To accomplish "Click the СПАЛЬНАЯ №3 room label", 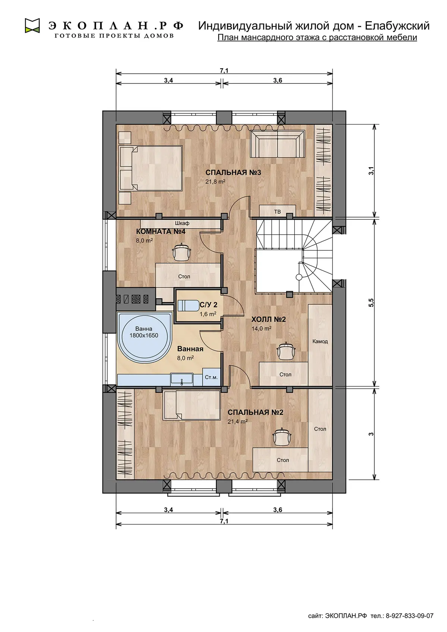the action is (233, 172).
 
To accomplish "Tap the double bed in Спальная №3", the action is (150, 168).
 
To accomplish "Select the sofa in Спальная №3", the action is (278, 144).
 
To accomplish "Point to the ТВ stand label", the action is (278, 212).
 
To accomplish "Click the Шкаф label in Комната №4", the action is (182, 223).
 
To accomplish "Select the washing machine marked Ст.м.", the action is (211, 377).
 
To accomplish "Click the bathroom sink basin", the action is (182, 379).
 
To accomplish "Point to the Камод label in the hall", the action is (320, 342).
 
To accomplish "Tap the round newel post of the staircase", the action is (299, 277).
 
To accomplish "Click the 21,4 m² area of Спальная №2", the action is (238, 422).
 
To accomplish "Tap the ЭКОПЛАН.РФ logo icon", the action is (32, 26).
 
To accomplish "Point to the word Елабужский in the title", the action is (397, 26).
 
